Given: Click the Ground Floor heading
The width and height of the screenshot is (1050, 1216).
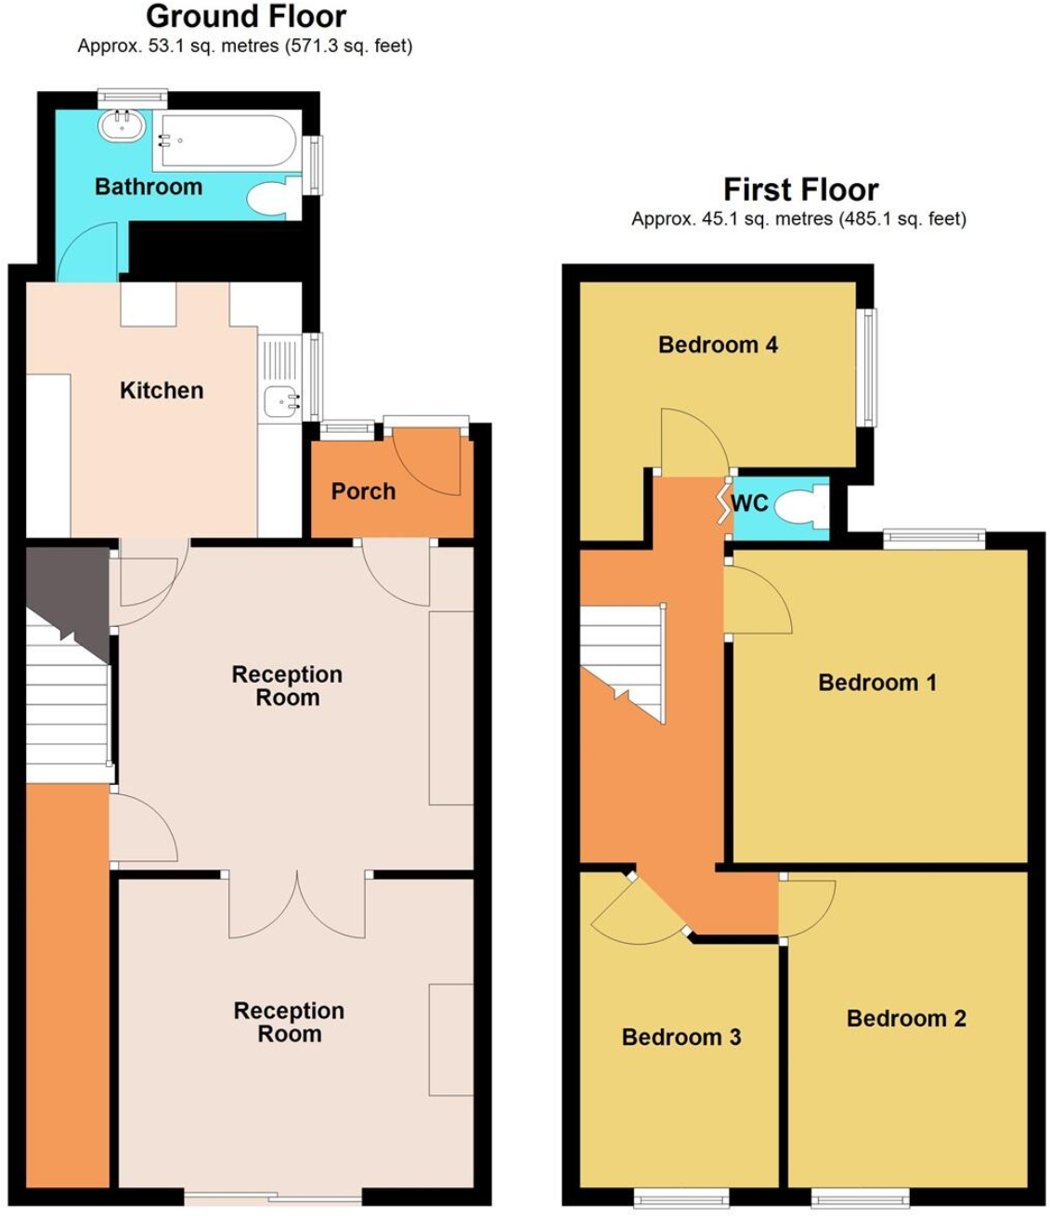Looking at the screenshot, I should pos(246,17).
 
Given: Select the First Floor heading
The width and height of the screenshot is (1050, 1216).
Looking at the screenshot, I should pos(800,190).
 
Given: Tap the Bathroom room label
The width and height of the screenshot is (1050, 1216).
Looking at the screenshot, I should pos(149,187).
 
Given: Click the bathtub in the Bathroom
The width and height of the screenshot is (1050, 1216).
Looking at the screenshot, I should pos(228,140).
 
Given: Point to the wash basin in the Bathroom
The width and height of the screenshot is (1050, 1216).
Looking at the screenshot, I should pos(122,125).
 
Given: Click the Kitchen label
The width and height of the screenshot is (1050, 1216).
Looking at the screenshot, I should pos(162,390).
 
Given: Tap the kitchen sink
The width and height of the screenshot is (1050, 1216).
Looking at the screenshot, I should pos(281,401).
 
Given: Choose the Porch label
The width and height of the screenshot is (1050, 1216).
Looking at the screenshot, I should pos(363,491).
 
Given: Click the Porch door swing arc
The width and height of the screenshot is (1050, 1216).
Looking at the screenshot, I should pos(429,462).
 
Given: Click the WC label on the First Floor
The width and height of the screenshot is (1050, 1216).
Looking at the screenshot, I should pos(749,503).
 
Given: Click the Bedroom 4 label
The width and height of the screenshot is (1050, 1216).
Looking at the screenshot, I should pos(718,345).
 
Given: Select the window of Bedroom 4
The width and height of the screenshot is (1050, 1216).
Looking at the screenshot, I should pos(868,367).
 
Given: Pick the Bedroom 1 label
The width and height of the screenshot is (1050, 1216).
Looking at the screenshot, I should pos(876,683).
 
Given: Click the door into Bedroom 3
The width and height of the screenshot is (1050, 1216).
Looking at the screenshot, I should pos(636,910).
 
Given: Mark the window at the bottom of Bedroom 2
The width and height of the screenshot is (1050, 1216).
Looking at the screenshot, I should pos(860,1198).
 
